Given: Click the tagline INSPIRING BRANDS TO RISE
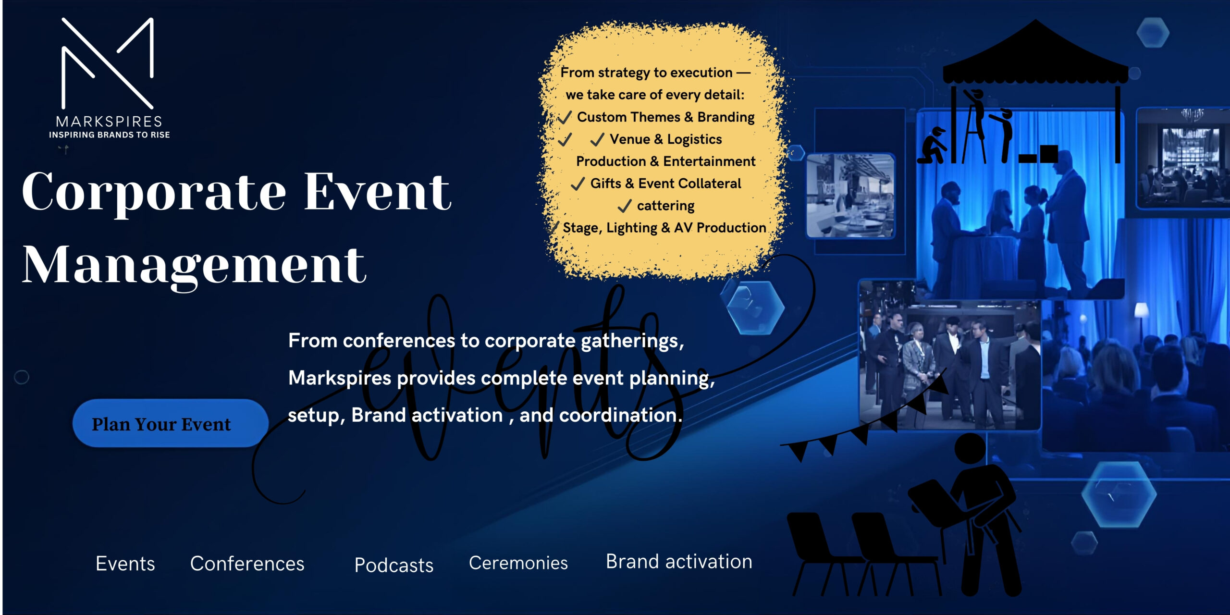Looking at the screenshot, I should (x=110, y=135).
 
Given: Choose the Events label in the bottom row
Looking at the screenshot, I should (x=125, y=564).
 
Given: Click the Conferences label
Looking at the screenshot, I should (x=247, y=564).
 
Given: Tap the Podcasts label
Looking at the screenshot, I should (x=394, y=565).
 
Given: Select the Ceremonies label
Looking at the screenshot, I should (x=518, y=563).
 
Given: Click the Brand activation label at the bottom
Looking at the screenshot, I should (x=678, y=562).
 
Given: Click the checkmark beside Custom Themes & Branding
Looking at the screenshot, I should (x=565, y=117).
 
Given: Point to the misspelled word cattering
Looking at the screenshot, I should (x=665, y=206).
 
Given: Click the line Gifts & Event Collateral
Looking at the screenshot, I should (x=665, y=184).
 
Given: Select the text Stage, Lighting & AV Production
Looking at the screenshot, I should (x=664, y=228).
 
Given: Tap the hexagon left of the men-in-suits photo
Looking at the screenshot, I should (x=755, y=307).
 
